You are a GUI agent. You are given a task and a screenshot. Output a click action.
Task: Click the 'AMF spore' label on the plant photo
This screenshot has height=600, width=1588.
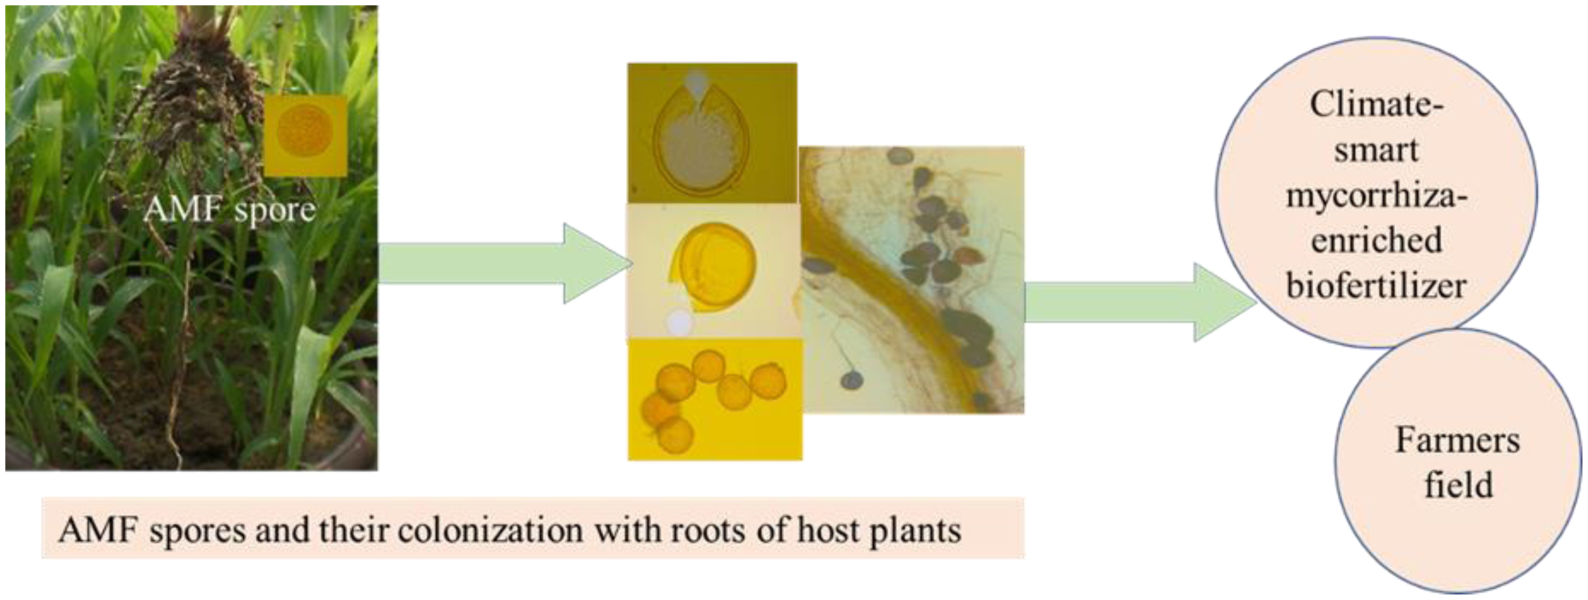(229, 209)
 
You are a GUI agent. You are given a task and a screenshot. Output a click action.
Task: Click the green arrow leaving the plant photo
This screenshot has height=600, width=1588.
(503, 263)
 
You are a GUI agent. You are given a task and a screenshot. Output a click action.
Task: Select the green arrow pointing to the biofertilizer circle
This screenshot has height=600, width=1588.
(1139, 302)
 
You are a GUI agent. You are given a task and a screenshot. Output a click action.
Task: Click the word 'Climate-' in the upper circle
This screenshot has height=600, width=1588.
(1376, 105)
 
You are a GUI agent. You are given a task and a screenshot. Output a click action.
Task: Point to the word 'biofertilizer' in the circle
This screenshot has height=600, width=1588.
(1376, 285)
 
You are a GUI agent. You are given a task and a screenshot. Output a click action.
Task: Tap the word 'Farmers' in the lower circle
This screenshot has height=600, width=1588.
(1457, 440)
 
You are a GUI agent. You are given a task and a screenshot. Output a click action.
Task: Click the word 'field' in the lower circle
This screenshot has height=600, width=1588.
(1458, 485)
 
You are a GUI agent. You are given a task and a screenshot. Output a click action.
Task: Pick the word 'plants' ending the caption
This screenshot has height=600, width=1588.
(915, 531)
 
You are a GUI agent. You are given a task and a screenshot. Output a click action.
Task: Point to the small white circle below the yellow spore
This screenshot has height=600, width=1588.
(679, 323)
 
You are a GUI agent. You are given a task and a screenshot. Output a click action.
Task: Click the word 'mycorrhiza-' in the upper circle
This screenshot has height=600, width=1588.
(1376, 196)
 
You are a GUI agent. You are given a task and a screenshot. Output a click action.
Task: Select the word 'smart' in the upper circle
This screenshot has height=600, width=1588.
(1376, 150)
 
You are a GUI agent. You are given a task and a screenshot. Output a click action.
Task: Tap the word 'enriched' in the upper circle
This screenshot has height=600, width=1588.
(1376, 241)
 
